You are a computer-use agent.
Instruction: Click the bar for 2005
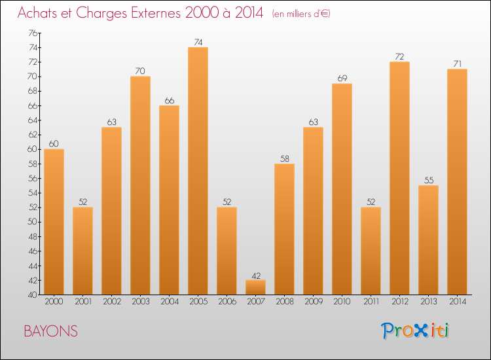pyautogui.click(x=198, y=171)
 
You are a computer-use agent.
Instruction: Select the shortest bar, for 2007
pyautogui.click(x=255, y=287)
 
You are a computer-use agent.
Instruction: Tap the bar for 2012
pyautogui.click(x=399, y=178)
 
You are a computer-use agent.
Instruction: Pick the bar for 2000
pyautogui.click(x=54, y=222)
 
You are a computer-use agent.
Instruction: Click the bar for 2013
pyautogui.click(x=428, y=240)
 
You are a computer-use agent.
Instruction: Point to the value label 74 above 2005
pyautogui.click(x=198, y=43)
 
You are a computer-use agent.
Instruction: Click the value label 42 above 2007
pyautogui.click(x=255, y=275)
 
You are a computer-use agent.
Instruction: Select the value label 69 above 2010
pyautogui.click(x=342, y=79)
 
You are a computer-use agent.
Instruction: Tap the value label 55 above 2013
pyautogui.click(x=428, y=180)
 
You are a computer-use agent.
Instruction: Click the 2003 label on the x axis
pyautogui.click(x=140, y=302)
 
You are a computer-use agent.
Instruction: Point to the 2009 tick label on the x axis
pyautogui.click(x=313, y=302)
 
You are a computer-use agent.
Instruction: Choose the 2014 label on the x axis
pyautogui.click(x=457, y=302)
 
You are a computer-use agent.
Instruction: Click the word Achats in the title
pyautogui.click(x=39, y=13)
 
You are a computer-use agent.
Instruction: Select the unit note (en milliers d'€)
pyautogui.click(x=301, y=14)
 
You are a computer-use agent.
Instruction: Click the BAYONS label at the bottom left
pyautogui.click(x=50, y=332)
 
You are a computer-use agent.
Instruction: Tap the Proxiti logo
pyautogui.click(x=416, y=331)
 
